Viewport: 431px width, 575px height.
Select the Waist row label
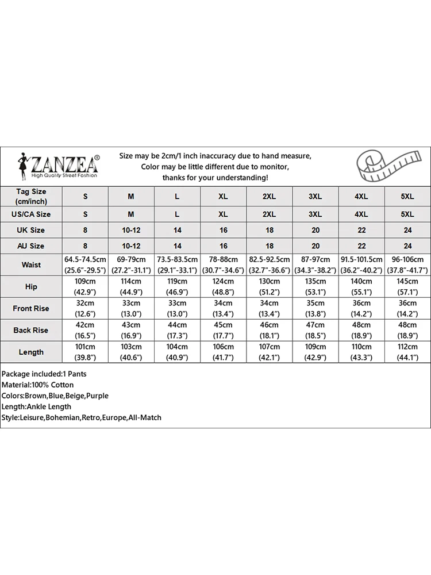click(x=31, y=265)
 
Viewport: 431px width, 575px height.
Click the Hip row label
click(x=31, y=286)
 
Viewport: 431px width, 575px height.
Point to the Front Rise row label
click(x=31, y=308)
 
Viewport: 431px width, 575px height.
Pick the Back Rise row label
click(x=31, y=330)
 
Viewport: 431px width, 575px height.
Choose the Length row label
click(x=31, y=352)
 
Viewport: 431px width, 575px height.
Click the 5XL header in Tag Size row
click(x=407, y=196)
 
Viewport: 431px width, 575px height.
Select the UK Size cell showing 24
click(x=407, y=230)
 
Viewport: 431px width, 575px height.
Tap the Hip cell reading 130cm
click(x=269, y=286)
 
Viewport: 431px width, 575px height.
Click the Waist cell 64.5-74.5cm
click(x=86, y=265)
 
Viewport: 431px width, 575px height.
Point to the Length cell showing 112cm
click(x=407, y=352)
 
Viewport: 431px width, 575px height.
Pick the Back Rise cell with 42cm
click(x=86, y=330)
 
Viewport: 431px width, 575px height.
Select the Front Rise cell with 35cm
click(x=315, y=308)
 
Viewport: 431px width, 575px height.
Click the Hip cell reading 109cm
click(x=86, y=286)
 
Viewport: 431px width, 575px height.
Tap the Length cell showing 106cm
click(x=223, y=352)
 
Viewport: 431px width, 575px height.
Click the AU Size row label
click(x=31, y=246)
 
